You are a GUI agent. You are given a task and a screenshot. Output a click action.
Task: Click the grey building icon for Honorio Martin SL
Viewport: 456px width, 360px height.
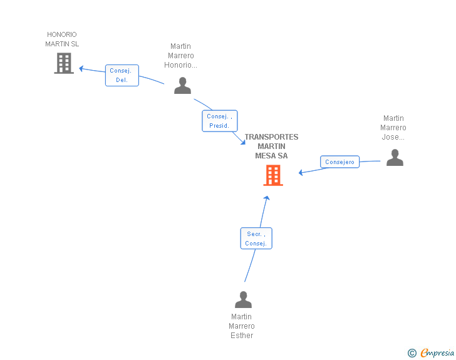(x=64, y=63)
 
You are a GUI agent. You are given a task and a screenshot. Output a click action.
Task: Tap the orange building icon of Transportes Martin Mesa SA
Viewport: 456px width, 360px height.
(x=273, y=175)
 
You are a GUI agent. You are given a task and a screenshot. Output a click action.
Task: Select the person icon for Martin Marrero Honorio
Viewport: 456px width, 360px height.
(x=182, y=85)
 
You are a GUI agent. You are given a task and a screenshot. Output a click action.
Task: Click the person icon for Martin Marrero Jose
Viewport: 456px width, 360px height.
(x=395, y=157)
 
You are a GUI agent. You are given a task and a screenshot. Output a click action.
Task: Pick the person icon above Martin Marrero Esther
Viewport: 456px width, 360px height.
(x=243, y=300)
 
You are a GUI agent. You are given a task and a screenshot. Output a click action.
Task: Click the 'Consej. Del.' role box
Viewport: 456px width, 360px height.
(x=122, y=75)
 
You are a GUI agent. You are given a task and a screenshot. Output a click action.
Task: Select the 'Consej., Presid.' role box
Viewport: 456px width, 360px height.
(x=219, y=121)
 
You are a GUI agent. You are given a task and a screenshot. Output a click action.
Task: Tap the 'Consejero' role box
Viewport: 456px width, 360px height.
(x=340, y=162)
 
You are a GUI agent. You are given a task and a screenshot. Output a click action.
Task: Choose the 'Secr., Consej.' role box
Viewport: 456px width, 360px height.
(x=256, y=239)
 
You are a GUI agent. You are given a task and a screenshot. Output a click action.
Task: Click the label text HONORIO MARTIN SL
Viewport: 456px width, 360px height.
(x=62, y=39)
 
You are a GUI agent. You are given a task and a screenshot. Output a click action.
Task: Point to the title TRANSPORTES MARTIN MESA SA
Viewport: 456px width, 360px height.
(x=271, y=147)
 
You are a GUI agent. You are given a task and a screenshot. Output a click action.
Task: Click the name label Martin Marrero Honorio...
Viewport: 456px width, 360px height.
(x=180, y=56)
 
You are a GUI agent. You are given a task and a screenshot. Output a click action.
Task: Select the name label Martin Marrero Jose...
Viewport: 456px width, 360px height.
(x=393, y=128)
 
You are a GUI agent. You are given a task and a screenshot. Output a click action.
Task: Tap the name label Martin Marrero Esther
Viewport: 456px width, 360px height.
(x=242, y=326)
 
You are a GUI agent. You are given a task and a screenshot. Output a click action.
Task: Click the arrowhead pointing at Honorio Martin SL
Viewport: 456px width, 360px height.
(x=81, y=68)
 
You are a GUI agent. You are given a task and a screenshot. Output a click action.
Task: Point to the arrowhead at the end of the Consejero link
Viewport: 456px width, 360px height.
(x=301, y=172)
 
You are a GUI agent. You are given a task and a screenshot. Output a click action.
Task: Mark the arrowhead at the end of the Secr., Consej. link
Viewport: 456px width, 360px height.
(x=267, y=198)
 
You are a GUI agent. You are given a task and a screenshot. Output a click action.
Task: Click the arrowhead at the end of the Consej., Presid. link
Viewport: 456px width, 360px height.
(x=242, y=143)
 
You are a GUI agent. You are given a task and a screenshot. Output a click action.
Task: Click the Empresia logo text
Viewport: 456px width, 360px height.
(x=437, y=352)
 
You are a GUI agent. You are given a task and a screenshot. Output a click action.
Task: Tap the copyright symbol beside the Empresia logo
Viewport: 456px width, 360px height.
(x=412, y=353)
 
